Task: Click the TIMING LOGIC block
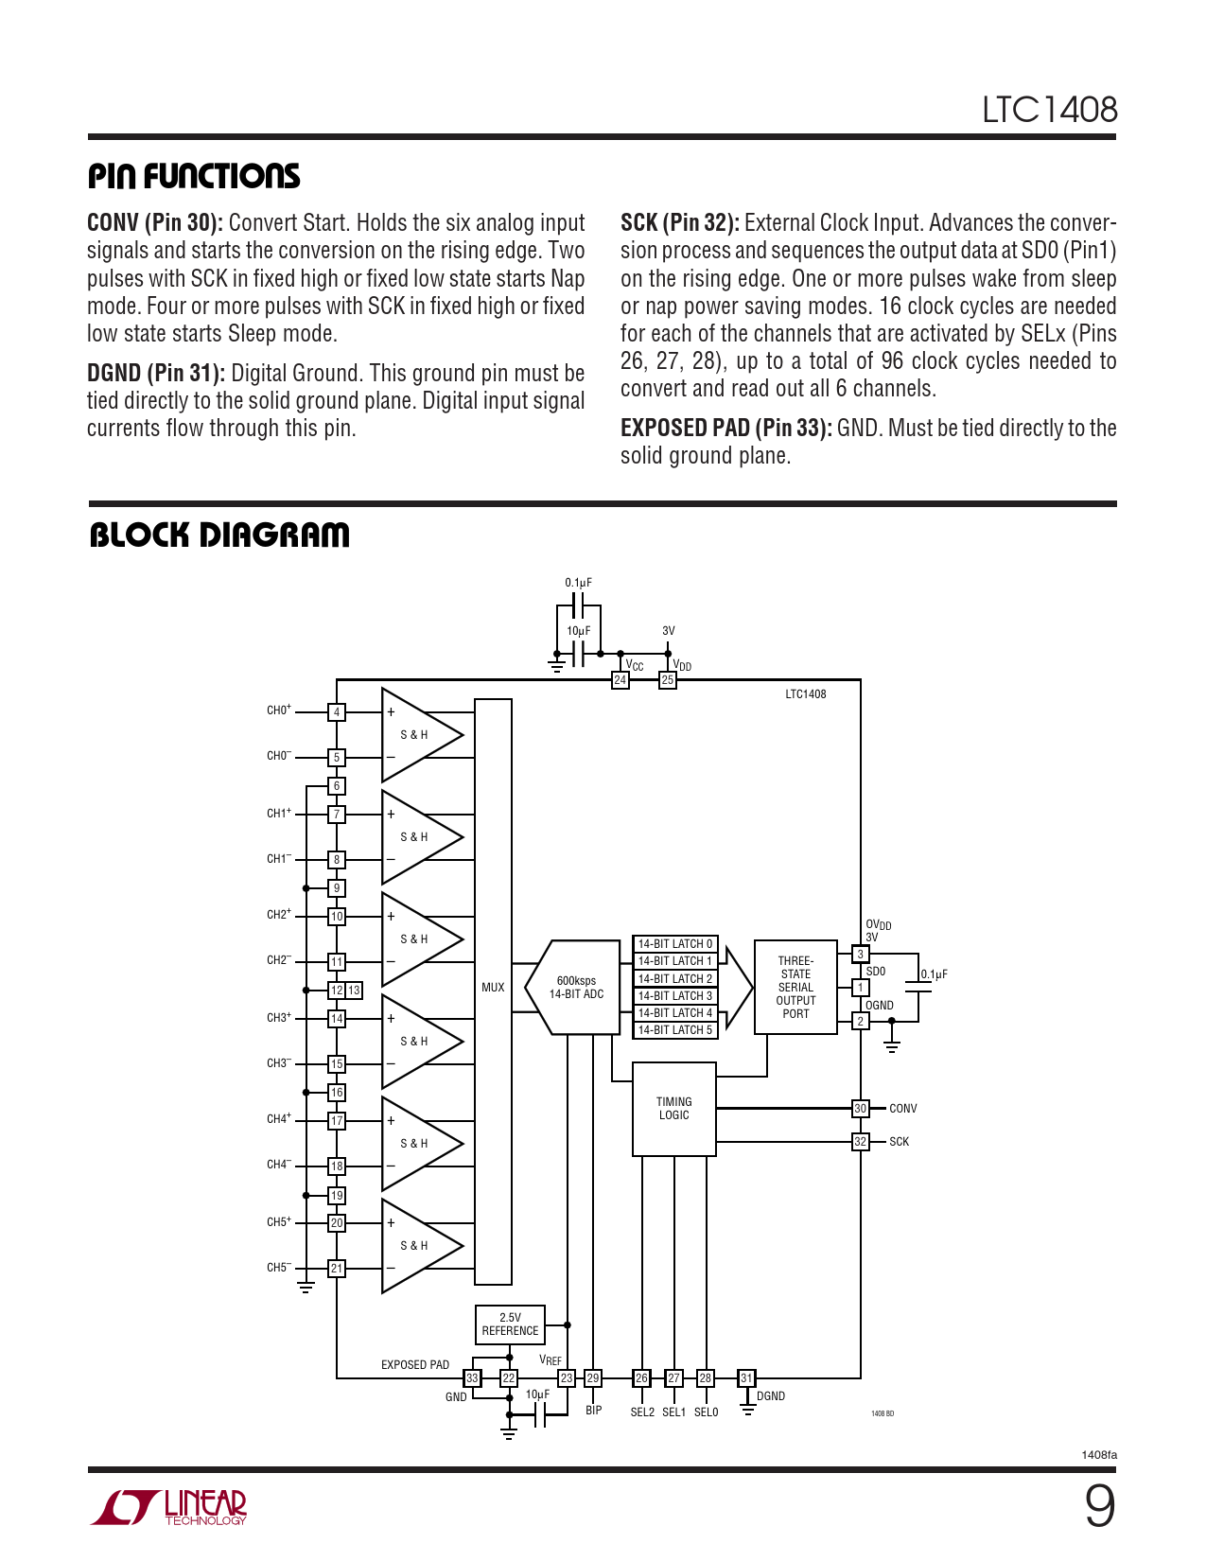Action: point(673,1109)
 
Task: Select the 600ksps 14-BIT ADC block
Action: point(577,988)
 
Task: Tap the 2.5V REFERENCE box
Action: point(510,1324)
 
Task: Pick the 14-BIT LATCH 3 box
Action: point(674,996)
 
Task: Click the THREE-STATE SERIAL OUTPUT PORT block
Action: point(795,988)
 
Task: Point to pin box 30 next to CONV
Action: point(860,1109)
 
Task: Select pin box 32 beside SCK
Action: point(860,1142)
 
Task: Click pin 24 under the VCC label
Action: point(620,680)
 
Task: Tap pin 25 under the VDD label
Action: point(668,680)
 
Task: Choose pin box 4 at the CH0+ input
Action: point(337,712)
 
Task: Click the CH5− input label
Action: point(278,1268)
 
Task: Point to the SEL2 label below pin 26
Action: point(642,1412)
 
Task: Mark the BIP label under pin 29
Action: point(593,1411)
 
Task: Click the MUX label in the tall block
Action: point(493,988)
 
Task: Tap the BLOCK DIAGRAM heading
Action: point(219,535)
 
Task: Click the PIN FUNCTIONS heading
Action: point(194,176)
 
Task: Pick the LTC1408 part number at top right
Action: point(1049,110)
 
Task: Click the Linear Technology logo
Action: point(168,1507)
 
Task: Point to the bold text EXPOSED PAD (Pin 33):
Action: point(725,429)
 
